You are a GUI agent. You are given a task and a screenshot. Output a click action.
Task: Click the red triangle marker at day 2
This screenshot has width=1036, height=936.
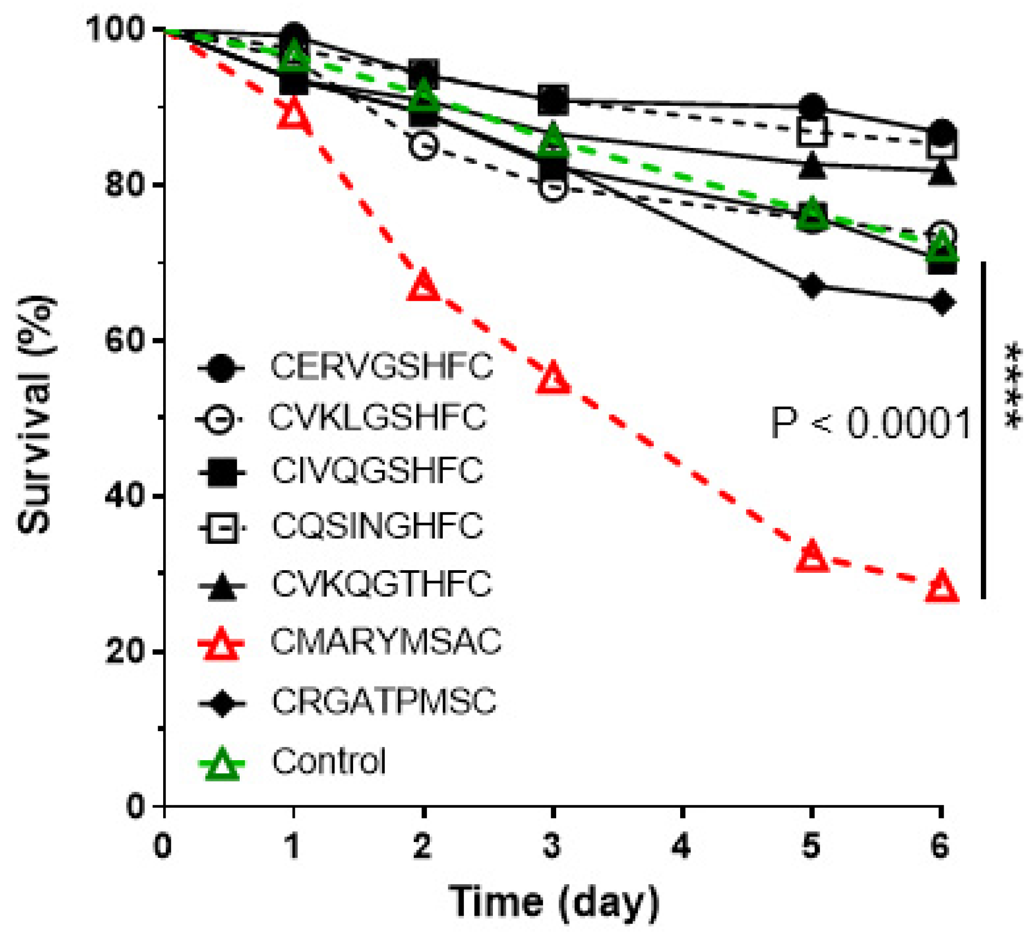click(424, 286)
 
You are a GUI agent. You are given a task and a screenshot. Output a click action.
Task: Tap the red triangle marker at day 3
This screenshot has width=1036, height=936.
click(553, 378)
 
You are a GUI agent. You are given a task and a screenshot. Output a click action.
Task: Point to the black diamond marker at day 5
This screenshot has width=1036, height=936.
click(812, 286)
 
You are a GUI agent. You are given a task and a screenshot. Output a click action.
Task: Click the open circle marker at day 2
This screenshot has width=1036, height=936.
click(424, 145)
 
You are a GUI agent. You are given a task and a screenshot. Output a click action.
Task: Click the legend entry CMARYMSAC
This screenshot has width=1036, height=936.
click(385, 641)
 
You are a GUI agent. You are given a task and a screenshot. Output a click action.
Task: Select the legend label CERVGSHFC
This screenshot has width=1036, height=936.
click(381, 366)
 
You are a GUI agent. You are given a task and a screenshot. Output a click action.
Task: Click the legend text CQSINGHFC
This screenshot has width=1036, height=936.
click(377, 526)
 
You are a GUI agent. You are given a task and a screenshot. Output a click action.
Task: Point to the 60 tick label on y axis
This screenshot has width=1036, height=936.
click(125, 341)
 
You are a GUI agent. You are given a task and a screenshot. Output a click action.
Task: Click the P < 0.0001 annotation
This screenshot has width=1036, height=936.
click(870, 423)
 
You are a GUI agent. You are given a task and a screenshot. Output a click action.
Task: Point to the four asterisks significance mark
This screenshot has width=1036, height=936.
click(1013, 387)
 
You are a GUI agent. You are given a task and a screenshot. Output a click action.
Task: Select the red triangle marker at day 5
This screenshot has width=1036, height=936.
click(812, 558)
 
